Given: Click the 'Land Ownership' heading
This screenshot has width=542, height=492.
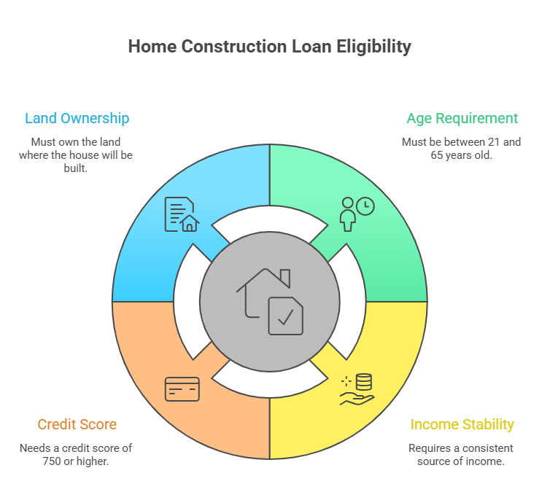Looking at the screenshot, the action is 77,119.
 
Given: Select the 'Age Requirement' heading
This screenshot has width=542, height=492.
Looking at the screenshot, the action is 462,119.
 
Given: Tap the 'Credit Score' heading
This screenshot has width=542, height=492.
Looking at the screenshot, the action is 77,424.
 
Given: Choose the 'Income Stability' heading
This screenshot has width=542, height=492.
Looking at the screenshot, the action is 462,425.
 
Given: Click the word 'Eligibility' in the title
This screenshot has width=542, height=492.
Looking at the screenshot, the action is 373,47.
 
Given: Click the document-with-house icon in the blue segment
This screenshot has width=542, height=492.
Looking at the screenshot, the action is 182,214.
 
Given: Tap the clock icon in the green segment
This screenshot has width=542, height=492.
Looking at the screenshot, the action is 365,206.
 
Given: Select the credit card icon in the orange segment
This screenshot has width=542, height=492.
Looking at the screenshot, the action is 182,389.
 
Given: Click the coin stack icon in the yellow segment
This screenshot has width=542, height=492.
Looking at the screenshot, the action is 364,382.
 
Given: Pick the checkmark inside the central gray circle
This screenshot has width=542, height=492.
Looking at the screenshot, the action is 286,317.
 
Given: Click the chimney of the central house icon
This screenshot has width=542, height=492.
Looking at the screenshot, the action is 285,278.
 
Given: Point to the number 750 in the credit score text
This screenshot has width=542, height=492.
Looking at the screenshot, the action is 52,461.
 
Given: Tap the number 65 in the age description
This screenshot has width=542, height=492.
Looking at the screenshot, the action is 436,155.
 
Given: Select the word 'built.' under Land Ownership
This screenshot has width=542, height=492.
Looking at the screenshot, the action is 76,168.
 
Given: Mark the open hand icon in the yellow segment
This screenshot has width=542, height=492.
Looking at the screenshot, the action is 357,399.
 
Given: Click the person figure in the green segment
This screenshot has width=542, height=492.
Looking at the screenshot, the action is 348,214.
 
